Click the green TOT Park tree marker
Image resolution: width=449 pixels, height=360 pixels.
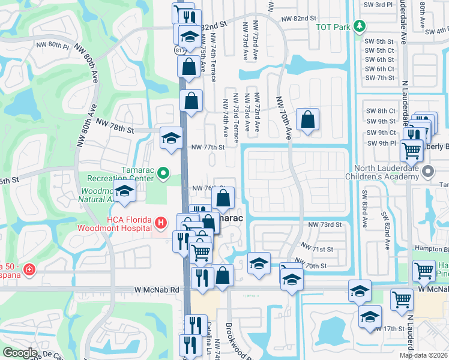click(360, 26)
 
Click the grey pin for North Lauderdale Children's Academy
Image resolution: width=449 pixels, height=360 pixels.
click(427, 172)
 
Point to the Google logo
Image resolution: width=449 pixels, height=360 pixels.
click(19, 353)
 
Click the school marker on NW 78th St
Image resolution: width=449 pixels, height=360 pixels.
click(171, 138)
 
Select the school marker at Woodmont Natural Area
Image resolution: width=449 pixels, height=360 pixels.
click(125, 192)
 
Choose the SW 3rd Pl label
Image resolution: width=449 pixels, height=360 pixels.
click(378, 4)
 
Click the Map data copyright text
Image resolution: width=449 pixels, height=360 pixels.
click(423, 355)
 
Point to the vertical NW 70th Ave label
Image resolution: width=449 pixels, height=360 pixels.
click(285, 118)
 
